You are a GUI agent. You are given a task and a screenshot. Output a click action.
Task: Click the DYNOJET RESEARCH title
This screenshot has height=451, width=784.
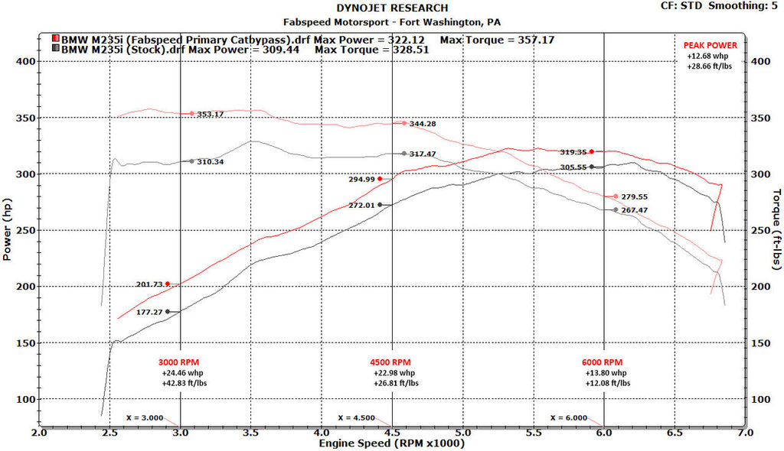tap(391, 8)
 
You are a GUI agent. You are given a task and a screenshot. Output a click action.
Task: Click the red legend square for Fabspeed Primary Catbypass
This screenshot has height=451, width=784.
tap(56, 38)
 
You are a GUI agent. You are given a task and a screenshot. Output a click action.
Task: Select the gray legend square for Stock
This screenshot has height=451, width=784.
tap(56, 49)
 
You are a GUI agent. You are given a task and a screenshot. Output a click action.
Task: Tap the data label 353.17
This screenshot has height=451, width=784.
tap(210, 115)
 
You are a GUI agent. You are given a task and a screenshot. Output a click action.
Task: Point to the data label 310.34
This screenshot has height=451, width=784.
tap(210, 162)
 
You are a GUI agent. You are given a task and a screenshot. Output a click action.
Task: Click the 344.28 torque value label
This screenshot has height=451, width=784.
tap(423, 124)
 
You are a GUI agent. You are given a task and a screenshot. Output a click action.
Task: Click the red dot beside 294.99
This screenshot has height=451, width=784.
tap(380, 179)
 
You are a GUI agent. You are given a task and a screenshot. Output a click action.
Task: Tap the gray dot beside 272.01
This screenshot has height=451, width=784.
tap(380, 205)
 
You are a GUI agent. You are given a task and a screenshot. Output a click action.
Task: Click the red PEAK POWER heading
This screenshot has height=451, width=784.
tap(710, 46)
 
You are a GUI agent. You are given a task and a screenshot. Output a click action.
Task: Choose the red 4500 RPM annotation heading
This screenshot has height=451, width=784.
tap(391, 362)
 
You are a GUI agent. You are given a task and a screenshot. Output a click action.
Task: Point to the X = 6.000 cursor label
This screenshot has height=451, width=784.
tap(568, 417)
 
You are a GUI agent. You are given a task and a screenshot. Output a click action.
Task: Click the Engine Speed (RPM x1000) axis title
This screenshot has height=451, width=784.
tap(391, 443)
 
